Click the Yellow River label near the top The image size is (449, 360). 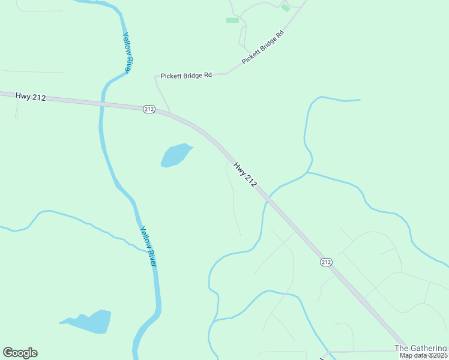[127, 52]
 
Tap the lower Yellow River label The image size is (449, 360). [148, 246]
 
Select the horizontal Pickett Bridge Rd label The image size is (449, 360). [186, 76]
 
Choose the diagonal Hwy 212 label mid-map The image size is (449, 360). [245, 175]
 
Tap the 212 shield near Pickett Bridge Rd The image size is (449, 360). [149, 109]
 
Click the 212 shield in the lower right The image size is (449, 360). [325, 262]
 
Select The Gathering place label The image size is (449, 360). [421, 348]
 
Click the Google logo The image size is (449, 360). [20, 353]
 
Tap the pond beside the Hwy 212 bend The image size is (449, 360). [175, 155]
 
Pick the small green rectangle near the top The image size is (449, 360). [232, 20]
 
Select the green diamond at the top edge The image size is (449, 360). [285, 8]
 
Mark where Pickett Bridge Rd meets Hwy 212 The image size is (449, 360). [170, 112]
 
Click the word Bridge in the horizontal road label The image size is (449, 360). [187, 76]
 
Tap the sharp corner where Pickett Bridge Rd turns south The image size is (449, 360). [156, 77]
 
